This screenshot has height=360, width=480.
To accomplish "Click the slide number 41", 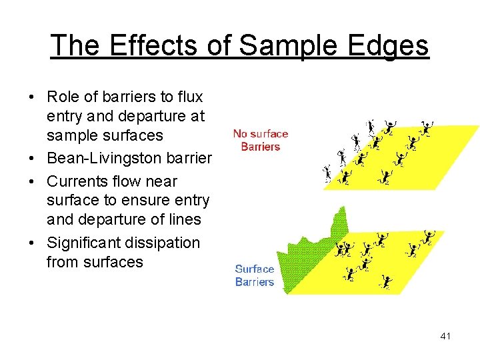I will click(445, 336).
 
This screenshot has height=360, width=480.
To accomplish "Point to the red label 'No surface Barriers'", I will click(261, 140).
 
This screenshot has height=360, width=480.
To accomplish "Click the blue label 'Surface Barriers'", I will click(255, 275).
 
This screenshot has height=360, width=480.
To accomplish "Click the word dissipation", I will click(166, 243).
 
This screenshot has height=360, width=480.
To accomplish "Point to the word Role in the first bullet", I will click(62, 97).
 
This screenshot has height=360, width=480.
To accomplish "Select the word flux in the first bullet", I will click(189, 97).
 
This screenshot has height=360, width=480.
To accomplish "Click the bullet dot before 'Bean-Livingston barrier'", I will click(33, 159).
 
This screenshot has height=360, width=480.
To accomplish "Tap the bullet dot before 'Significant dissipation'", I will click(33, 243).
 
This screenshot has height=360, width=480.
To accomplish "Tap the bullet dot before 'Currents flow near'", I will click(33, 181).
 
